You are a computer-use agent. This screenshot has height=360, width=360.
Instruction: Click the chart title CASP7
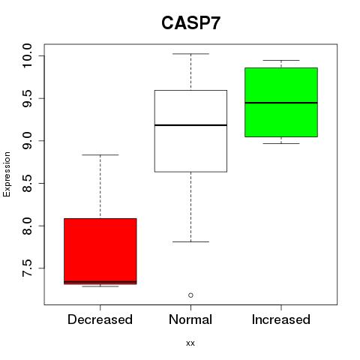point(190,23)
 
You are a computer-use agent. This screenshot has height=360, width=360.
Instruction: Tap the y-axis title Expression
point(7,174)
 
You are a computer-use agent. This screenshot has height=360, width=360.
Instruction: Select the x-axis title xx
point(190,343)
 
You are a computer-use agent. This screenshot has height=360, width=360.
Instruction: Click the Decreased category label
point(100,319)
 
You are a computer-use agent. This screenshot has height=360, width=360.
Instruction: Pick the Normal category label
point(190,319)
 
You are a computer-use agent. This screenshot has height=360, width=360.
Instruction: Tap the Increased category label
point(281,319)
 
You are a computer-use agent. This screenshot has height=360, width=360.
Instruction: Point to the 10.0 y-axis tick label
point(27,55)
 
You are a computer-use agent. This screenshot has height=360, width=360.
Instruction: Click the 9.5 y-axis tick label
point(27,98)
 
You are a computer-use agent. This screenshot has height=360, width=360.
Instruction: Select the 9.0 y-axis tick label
point(27,141)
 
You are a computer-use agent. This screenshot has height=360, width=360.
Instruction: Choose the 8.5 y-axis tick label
point(27,183)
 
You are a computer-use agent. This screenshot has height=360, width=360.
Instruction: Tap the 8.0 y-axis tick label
point(27,226)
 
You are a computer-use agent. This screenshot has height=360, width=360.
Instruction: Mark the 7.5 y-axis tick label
point(27,268)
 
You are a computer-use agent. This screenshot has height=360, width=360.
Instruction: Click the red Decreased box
point(100,251)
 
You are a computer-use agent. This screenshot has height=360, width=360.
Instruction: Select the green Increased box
point(281,102)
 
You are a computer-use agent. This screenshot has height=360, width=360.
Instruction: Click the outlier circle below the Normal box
point(190,295)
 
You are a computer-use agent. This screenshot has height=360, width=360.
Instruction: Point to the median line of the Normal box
point(190,125)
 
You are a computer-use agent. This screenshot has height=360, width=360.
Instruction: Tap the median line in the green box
point(281,103)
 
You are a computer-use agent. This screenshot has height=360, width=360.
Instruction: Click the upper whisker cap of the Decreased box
point(100,155)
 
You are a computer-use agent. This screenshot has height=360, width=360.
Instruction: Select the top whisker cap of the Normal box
point(190,54)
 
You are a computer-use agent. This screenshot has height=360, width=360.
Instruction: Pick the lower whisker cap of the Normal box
point(190,241)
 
